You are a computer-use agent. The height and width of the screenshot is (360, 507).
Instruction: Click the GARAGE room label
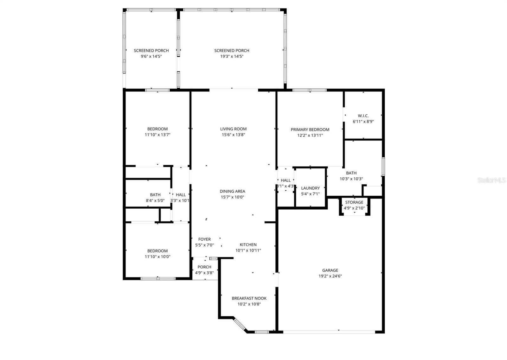pos(330,270)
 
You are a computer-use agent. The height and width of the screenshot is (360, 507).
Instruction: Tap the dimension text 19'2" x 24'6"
pos(330,276)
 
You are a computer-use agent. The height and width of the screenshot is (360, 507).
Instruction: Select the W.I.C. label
pos(363,116)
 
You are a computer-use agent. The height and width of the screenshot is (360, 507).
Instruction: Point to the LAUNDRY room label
pos(310,188)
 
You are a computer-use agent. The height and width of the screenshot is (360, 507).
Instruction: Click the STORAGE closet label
pos(354,202)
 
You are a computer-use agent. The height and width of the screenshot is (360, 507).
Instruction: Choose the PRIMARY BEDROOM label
pos(310,129)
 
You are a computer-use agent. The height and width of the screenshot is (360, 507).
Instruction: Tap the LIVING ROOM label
pos(233,129)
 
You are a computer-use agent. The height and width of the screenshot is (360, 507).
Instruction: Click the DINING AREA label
pos(232,191)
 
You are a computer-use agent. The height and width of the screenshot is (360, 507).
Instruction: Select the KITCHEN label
pos(248,244)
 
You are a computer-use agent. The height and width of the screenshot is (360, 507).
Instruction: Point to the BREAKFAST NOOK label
pos(249,298)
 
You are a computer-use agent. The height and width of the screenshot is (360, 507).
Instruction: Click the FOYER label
pos(204,239)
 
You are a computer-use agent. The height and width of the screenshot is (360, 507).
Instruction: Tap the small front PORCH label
pos(204,267)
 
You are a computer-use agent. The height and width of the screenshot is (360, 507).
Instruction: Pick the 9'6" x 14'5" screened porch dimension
pos(151,56)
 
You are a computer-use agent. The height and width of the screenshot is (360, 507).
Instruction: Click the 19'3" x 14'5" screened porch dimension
pos(232,56)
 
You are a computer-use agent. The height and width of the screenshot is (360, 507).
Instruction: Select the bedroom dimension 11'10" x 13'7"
pos(157,135)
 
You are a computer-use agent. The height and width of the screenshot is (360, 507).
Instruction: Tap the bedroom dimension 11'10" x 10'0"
pos(157,257)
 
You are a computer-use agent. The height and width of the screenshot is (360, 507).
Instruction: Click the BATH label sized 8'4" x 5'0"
pos(155,195)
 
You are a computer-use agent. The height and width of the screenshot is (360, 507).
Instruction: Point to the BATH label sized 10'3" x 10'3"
pos(351,173)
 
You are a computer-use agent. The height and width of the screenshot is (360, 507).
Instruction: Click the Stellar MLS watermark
pos(491,180)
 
